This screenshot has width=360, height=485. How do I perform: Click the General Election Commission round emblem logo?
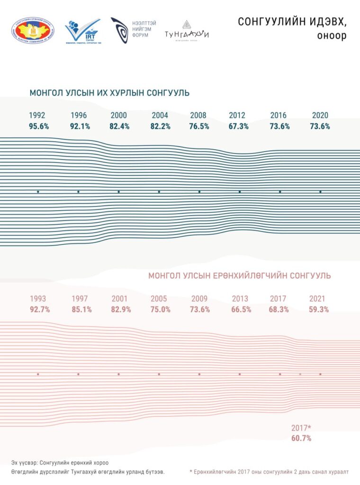[x=33, y=31]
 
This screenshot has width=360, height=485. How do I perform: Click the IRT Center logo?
[x=83, y=31]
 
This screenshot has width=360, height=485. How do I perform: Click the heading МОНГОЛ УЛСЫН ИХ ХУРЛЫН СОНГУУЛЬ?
[x=109, y=93]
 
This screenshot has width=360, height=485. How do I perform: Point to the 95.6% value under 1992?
[x=39, y=126]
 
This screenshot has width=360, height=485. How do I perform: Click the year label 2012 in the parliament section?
[x=237, y=116]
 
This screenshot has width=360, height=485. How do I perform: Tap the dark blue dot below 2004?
[x=159, y=192]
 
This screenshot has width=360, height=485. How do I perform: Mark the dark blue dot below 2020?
[x=321, y=192]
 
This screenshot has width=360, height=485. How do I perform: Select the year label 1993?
[x=38, y=299]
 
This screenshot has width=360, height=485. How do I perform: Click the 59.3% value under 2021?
[x=318, y=309]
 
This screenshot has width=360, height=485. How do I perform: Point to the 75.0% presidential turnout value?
[x=160, y=309]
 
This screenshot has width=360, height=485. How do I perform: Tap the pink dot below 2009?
[x=199, y=374]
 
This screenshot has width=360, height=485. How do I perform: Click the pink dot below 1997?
[x=78, y=374]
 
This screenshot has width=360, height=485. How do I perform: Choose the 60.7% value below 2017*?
[x=301, y=438]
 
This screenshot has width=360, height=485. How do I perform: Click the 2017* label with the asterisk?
[x=301, y=428]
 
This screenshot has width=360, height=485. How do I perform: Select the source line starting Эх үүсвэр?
[x=63, y=462]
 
